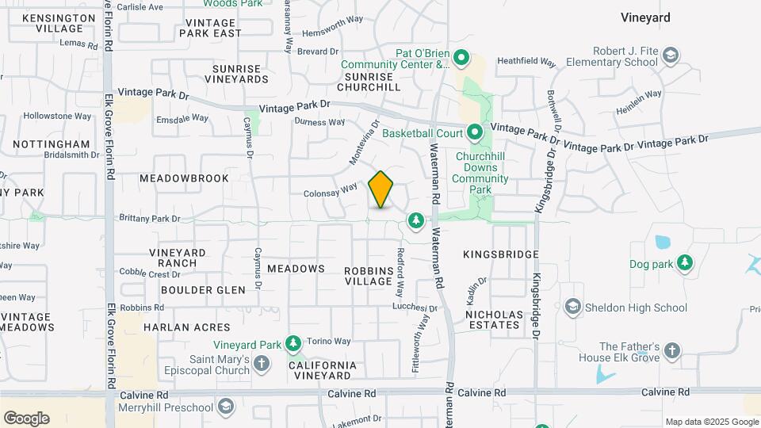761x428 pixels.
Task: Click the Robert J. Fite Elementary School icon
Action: coord(671,55)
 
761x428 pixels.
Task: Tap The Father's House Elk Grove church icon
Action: coord(671,351)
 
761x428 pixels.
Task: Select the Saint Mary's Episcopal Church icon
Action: coord(262,363)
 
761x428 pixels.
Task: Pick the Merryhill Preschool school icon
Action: coord(226,407)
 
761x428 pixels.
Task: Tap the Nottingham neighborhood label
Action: coord(52,144)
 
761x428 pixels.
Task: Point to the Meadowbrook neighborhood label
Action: coord(184,178)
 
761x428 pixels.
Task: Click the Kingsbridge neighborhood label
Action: coord(500,254)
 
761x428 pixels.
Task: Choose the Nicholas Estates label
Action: coord(495,320)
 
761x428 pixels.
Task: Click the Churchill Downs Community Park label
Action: coord(481,173)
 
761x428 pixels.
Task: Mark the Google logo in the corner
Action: coord(26,418)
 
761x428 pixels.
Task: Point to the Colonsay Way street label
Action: coord(331,192)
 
